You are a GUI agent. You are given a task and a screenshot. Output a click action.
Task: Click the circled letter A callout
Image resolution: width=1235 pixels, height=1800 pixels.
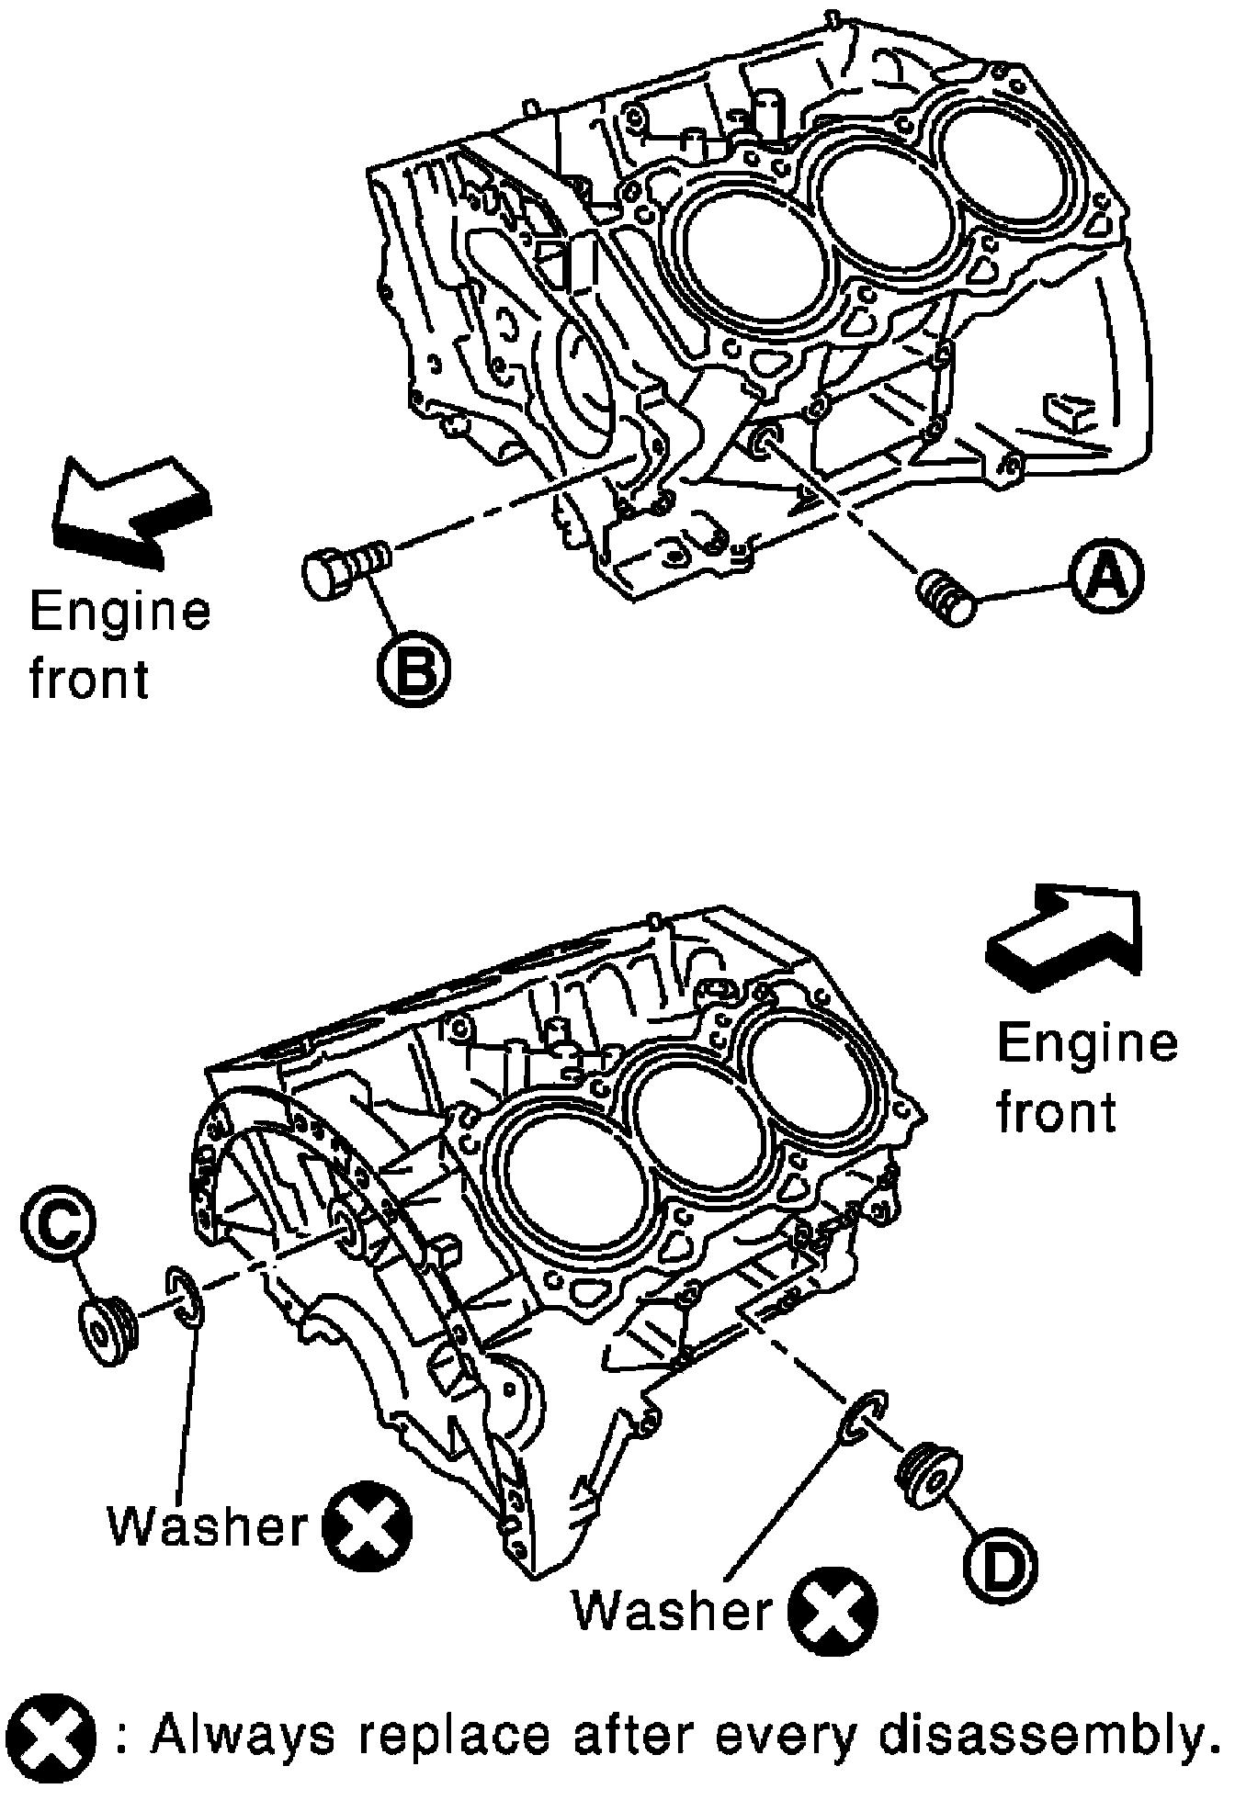[1106, 578]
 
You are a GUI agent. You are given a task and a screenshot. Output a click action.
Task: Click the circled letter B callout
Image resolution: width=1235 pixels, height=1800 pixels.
[413, 668]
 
